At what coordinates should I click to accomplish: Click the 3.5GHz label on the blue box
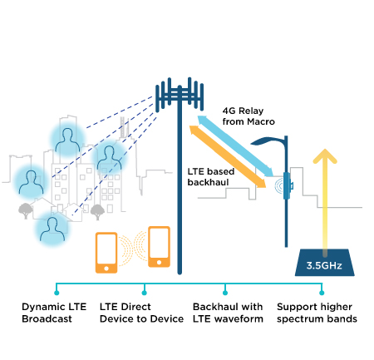click(324, 265)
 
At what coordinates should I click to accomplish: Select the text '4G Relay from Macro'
click(249, 116)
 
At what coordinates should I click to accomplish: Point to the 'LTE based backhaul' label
click(211, 177)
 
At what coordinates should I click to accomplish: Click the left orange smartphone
click(106, 253)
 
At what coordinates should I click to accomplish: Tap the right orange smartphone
click(159, 247)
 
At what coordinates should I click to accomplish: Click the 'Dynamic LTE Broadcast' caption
click(54, 313)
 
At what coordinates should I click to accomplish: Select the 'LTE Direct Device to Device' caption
click(141, 313)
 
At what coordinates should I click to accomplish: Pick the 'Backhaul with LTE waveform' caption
click(228, 313)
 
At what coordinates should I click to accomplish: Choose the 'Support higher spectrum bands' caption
click(317, 313)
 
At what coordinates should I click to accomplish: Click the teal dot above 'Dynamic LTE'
click(57, 293)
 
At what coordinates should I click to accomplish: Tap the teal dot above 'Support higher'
click(322, 293)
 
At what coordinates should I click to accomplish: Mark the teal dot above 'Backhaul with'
click(225, 293)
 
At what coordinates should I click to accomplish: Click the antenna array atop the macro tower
click(180, 94)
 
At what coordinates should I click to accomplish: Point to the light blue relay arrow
click(235, 146)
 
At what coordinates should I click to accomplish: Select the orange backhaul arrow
click(228, 156)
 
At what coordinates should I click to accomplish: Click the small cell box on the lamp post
click(287, 185)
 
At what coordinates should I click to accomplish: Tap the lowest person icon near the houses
click(52, 229)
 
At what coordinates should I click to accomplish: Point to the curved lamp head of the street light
click(268, 141)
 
